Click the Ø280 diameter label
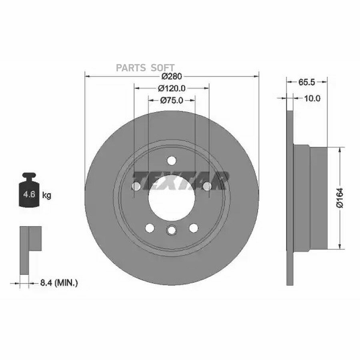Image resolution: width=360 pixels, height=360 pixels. (172, 76)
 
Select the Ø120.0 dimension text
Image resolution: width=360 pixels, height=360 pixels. (172, 88)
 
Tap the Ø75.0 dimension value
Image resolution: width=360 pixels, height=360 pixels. (172, 100)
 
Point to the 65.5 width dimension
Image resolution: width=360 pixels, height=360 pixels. (306, 82)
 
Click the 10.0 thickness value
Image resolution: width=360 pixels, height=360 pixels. (312, 98)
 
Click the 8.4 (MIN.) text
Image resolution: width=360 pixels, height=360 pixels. (59, 283)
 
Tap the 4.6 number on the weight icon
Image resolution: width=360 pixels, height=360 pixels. (30, 194)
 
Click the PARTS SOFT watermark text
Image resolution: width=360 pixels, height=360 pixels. (145, 68)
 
